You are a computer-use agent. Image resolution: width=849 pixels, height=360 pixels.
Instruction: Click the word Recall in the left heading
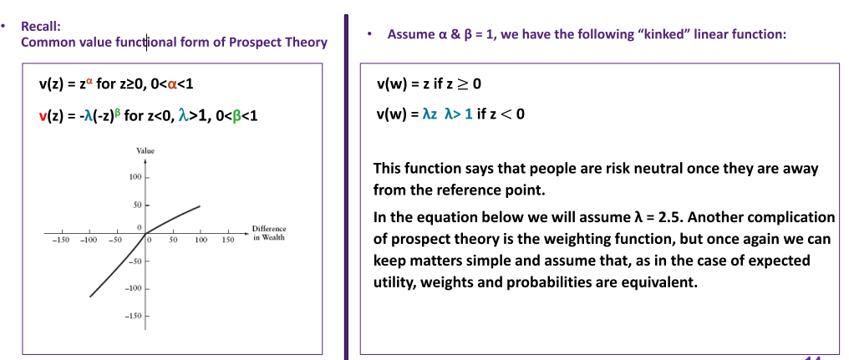(x=36, y=26)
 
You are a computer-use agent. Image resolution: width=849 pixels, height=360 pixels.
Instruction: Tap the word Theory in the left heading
(x=308, y=43)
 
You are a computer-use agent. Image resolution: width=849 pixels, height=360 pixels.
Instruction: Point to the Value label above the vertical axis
(x=145, y=151)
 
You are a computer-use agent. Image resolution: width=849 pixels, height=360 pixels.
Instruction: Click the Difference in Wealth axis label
(x=268, y=233)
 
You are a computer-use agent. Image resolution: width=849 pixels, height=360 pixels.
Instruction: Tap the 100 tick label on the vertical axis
(x=135, y=178)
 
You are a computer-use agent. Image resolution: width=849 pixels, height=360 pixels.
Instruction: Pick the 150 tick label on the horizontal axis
(x=228, y=240)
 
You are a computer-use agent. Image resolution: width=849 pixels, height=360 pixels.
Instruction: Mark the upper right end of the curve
(x=201, y=205)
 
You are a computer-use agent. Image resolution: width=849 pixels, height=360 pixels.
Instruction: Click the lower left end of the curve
(x=90, y=297)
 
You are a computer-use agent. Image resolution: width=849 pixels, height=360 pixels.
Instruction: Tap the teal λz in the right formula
(x=429, y=114)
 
